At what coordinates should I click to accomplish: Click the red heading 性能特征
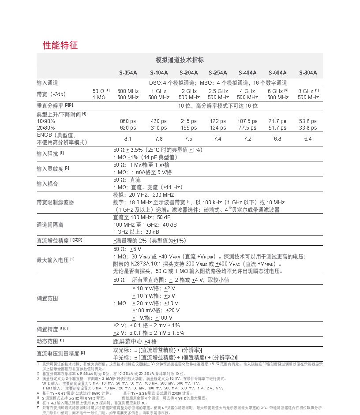[60, 45]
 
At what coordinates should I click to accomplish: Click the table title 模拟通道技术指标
[180, 60]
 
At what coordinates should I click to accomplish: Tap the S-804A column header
[308, 73]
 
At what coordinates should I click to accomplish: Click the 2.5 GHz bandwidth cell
[217, 91]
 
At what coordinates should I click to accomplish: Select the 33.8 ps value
[308, 128]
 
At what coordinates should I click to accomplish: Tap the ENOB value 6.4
[308, 138]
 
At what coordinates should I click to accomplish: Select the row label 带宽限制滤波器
[55, 202]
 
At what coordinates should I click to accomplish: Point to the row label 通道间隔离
[50, 224]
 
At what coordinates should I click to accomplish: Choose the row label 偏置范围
[47, 298]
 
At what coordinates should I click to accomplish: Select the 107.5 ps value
[247, 121]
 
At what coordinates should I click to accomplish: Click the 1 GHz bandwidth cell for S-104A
[158, 91]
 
